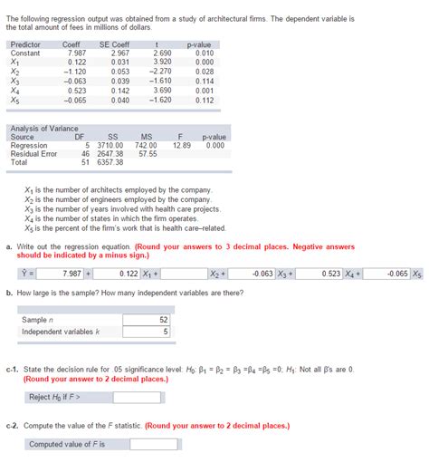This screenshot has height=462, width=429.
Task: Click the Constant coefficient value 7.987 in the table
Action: [76, 53]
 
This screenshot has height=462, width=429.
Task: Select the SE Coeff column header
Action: [114, 44]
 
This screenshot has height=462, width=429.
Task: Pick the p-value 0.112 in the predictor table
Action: [203, 100]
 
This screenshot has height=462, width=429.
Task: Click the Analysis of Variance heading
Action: [43, 129]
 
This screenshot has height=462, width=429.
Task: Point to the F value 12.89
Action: [181, 146]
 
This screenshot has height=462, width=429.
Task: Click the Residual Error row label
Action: [33, 154]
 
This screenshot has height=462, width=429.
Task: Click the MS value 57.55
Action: [147, 154]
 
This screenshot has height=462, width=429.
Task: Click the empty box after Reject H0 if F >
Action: [138, 397]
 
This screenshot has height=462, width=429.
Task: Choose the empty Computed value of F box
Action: [138, 444]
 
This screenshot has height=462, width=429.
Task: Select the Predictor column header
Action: [25, 44]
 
